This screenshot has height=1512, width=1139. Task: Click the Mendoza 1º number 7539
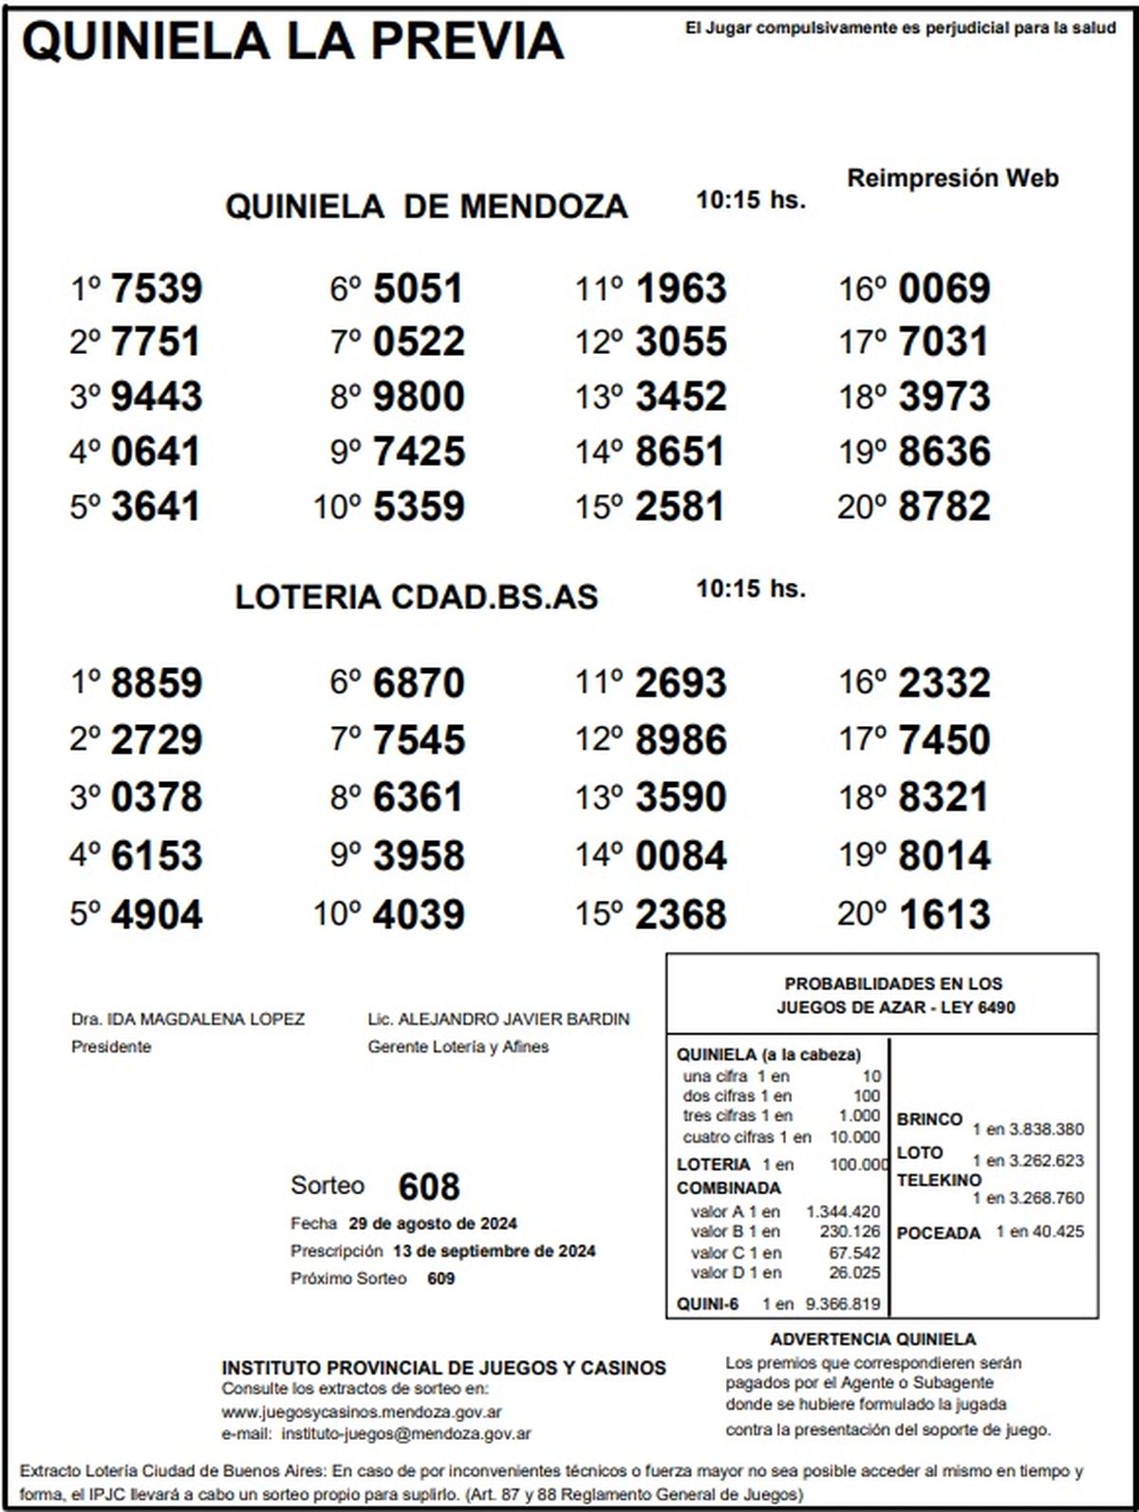click(x=157, y=289)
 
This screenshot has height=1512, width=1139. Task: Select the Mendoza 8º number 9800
click(x=419, y=397)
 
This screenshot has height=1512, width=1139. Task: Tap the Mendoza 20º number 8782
click(x=943, y=506)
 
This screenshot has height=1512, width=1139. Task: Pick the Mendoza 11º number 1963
click(x=681, y=289)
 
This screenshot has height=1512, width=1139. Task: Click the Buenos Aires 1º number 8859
click(x=157, y=683)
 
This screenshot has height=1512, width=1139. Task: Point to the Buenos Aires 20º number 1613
click(x=943, y=914)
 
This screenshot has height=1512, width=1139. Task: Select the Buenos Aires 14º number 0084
click(x=681, y=856)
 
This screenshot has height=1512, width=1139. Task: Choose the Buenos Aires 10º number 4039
click(x=419, y=914)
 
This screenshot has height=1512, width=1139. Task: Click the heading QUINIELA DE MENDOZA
click(x=426, y=206)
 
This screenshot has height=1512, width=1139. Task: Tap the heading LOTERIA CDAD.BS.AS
click(x=417, y=597)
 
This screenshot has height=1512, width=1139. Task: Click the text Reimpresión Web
click(x=952, y=178)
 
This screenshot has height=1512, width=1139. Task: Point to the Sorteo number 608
click(x=429, y=1186)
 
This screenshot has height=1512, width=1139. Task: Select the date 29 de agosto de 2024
click(x=433, y=1223)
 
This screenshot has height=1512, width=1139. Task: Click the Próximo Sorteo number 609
click(x=440, y=1279)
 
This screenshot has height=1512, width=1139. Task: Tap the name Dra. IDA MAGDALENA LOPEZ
click(x=188, y=1019)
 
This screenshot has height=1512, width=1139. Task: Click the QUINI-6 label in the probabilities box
click(x=707, y=1304)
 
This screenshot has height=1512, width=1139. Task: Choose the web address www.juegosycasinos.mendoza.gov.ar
click(x=362, y=1412)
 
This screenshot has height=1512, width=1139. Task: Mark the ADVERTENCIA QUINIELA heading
click(x=873, y=1339)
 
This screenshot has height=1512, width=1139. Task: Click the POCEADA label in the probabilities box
click(x=938, y=1233)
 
